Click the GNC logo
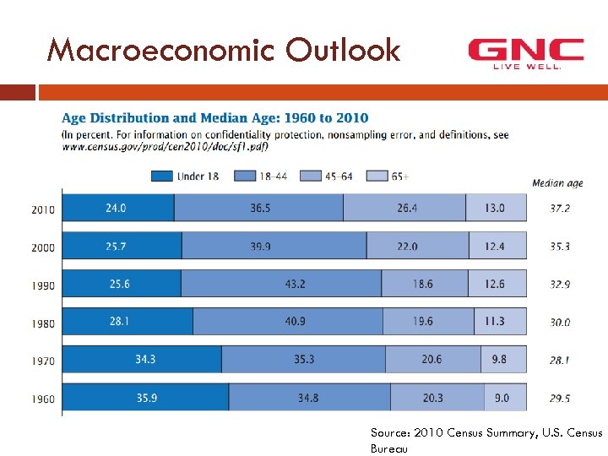point(525,53)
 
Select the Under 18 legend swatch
point(163,176)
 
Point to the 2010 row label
point(43,209)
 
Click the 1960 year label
point(43,399)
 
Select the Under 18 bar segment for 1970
point(142,360)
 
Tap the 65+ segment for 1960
point(505,398)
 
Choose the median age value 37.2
point(560,209)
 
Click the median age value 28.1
point(560,360)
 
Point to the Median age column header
point(557,183)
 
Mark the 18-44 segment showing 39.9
point(274,246)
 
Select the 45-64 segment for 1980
point(428,322)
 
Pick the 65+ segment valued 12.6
point(497,284)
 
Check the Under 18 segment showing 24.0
point(117,208)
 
